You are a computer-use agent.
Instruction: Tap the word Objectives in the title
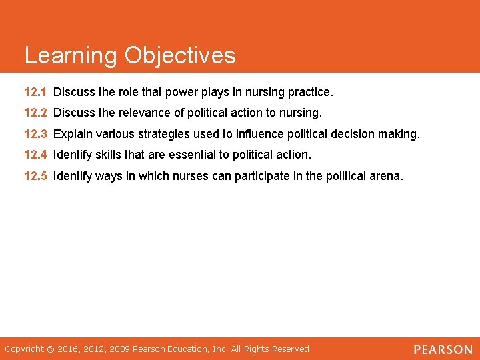(180, 55)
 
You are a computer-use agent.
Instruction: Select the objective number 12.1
(35, 91)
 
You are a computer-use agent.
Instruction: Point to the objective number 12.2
(35, 113)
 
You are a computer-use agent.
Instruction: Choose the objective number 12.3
(35, 134)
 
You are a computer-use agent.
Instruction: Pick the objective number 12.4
(35, 155)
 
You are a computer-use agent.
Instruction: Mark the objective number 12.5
(35, 177)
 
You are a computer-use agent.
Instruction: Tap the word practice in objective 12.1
(310, 91)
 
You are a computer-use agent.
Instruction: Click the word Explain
(72, 134)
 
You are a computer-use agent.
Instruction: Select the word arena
(387, 177)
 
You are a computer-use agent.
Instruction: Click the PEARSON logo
(443, 349)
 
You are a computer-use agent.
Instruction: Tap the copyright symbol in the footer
(49, 349)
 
